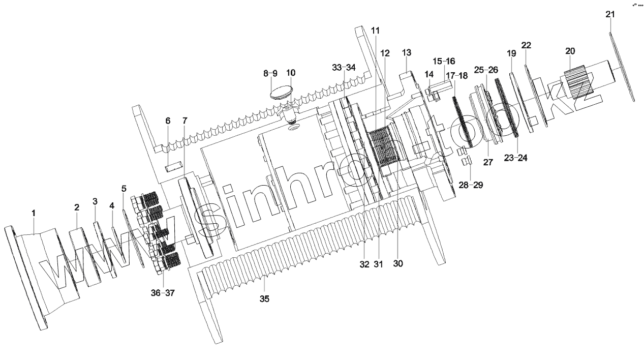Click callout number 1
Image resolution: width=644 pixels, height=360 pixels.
(34, 213)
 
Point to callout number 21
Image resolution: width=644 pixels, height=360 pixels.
(610, 14)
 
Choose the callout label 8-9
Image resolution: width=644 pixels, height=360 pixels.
(270, 73)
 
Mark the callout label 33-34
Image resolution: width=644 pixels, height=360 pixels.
(344, 68)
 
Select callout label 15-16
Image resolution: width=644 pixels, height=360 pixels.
(444, 61)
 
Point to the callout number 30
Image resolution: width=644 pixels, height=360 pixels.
(397, 263)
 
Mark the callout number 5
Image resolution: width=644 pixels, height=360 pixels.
(124, 189)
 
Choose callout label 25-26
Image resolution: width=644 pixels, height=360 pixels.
(486, 70)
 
